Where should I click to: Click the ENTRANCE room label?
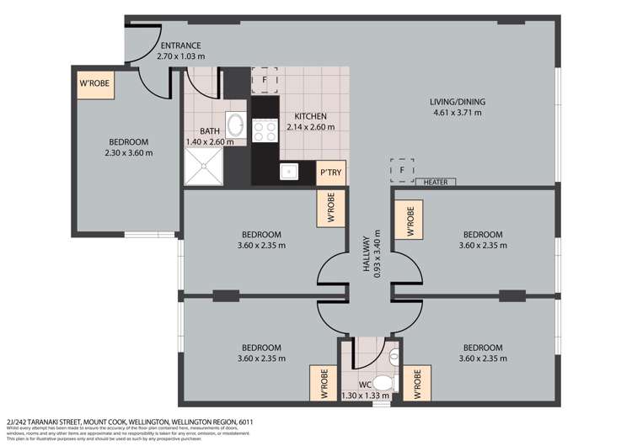(180, 45)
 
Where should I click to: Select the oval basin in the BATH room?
(237, 127)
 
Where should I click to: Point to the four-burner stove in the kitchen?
(265, 130)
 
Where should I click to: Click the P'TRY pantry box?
(329, 173)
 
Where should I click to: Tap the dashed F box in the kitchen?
(264, 80)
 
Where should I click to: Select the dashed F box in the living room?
(402, 170)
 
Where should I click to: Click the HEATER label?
(436, 182)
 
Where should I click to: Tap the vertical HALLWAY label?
(368, 253)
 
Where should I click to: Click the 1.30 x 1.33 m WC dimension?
(360, 396)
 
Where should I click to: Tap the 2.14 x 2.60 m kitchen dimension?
(310, 127)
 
